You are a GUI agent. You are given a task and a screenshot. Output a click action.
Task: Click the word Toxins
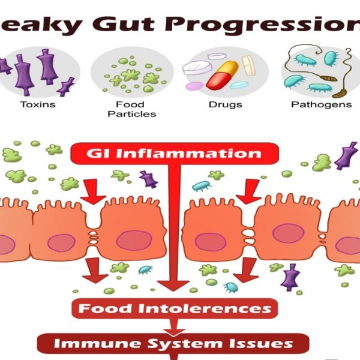click(x=38, y=104)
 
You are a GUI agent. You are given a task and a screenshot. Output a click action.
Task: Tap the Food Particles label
click(x=132, y=109)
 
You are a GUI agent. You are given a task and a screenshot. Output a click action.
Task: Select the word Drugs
click(x=225, y=105)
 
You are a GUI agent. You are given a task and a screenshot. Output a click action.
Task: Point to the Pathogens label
click(x=321, y=104)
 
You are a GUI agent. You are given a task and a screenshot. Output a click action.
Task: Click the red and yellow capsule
click(x=222, y=75)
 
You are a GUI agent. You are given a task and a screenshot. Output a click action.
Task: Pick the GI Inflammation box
click(x=175, y=154)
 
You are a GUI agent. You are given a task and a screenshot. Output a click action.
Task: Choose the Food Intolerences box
click(x=175, y=308)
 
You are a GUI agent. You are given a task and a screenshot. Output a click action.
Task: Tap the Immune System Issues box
click(x=173, y=343)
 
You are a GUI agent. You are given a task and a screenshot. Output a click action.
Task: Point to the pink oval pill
click(x=194, y=86)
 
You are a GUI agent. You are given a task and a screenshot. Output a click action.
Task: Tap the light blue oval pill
click(x=239, y=85)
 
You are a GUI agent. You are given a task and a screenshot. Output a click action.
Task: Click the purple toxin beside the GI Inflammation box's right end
click(x=346, y=155)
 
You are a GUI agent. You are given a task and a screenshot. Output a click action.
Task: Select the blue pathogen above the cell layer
click(x=202, y=186)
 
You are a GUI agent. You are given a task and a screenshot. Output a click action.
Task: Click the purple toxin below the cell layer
click(x=290, y=277)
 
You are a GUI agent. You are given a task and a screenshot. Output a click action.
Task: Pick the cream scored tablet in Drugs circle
click(x=248, y=65)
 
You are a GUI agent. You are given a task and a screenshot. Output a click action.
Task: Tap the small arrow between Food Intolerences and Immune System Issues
click(x=174, y=328)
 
